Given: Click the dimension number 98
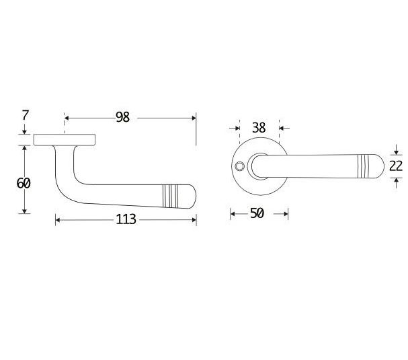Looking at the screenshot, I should (x=122, y=117).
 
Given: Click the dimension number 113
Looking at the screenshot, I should (x=126, y=219).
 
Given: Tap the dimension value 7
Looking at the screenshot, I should (x=25, y=115).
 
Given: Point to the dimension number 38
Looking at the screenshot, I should (x=259, y=127).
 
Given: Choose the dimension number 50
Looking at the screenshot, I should (x=256, y=213).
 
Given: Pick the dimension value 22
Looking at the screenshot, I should (x=396, y=166).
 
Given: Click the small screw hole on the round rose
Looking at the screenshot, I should (x=239, y=165).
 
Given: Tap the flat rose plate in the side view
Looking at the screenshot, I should (x=65, y=139).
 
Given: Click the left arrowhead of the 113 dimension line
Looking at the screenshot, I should (x=58, y=219).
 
